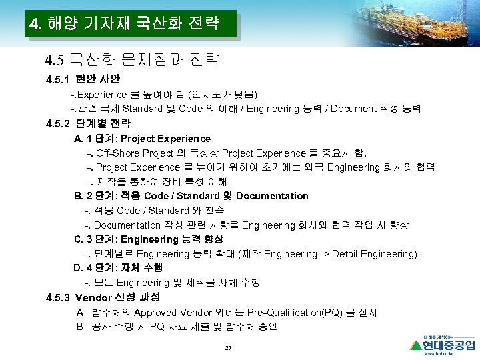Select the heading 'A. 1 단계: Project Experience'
tap(142, 139)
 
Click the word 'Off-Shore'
tap(117, 153)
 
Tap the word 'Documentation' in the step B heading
tap(272, 196)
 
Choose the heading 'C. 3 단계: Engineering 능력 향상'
tap(148, 239)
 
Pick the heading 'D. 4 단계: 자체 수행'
tap(117, 268)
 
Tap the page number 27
tap(228, 349)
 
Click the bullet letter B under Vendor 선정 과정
tap(80, 327)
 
